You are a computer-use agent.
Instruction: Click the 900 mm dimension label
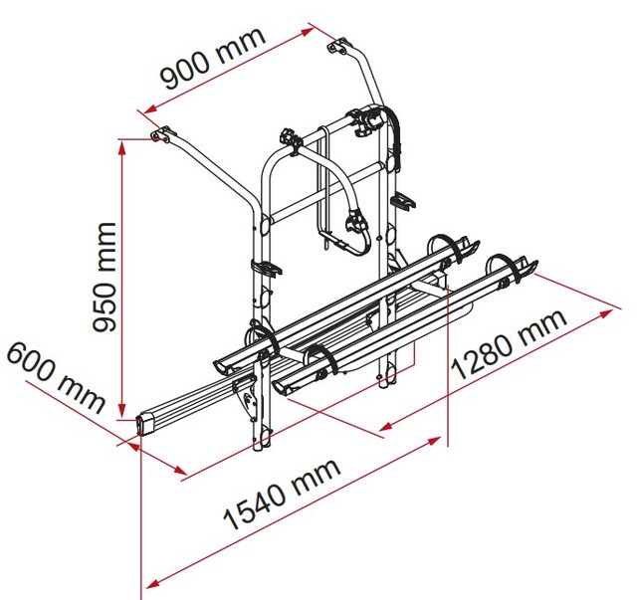(x=213, y=59)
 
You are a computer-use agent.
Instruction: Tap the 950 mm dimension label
(x=104, y=277)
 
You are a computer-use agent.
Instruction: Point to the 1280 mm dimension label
(x=509, y=344)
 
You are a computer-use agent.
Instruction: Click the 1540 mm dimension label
(x=282, y=494)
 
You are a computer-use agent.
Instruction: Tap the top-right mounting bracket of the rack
(x=338, y=46)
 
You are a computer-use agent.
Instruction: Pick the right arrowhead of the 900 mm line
(x=308, y=32)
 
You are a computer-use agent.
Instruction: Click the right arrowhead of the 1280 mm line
(x=606, y=313)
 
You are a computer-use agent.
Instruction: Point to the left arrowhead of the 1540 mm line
(x=152, y=584)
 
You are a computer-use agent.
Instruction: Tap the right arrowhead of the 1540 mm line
(x=434, y=441)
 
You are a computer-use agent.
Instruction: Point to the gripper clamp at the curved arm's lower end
(x=356, y=222)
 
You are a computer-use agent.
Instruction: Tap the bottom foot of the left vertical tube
(x=261, y=441)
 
